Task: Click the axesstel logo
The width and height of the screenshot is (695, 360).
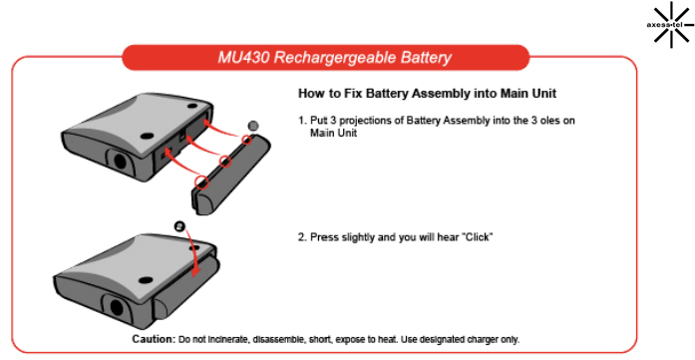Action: (x=671, y=24)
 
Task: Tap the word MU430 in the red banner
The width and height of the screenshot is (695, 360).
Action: (x=243, y=58)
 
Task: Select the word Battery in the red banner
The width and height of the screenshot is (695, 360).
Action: (x=426, y=58)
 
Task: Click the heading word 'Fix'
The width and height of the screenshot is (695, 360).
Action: (x=353, y=94)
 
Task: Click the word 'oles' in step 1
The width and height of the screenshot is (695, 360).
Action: (x=551, y=121)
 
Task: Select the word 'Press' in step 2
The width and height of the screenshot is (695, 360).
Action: (x=323, y=237)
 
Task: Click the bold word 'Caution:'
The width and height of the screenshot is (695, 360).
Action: (x=154, y=339)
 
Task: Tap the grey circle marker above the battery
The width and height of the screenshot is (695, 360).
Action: (x=252, y=126)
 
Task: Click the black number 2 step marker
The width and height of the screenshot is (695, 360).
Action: (x=179, y=226)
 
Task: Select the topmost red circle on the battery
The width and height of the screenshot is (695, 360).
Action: (x=247, y=141)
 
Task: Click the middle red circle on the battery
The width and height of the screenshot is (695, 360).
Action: (x=225, y=161)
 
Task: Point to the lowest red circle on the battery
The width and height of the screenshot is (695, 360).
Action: (x=202, y=181)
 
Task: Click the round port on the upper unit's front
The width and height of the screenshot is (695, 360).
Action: (x=120, y=160)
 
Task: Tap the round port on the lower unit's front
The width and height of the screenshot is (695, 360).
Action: (x=117, y=307)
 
